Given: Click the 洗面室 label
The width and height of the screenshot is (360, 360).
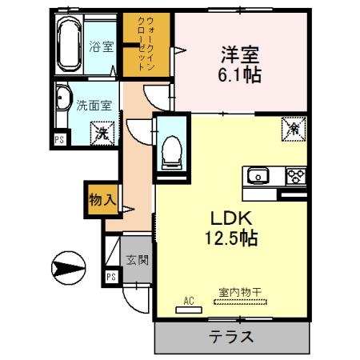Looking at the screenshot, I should [x=93, y=104].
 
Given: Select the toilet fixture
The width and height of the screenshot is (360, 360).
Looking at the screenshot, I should [x=170, y=149].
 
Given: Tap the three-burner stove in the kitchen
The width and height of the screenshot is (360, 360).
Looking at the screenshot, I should [x=296, y=176].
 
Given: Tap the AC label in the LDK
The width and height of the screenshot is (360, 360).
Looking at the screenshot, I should [x=190, y=301].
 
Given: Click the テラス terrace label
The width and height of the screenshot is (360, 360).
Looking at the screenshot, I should [x=231, y=336].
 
